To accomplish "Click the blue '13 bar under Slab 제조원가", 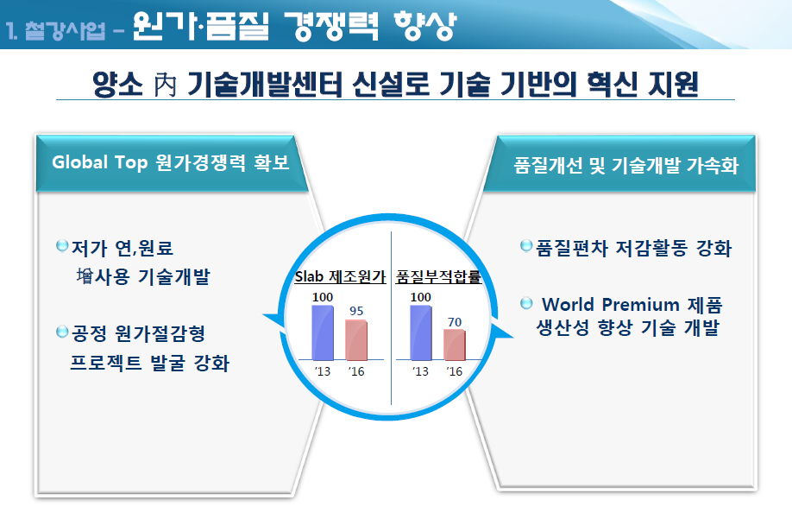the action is (x=323, y=332).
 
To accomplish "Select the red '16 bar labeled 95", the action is (x=356, y=339).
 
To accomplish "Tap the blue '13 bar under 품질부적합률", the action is (x=421, y=332).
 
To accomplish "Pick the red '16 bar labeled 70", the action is (x=455, y=345).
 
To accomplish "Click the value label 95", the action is (x=356, y=311).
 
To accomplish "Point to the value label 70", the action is (x=455, y=322).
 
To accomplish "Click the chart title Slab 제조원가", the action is (x=341, y=276).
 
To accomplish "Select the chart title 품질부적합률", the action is (x=438, y=276).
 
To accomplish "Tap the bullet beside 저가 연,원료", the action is (x=62, y=246).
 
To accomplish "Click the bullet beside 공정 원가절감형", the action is (x=62, y=332).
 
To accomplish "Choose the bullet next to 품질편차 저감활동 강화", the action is (x=526, y=245).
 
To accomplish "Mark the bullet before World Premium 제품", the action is (x=526, y=303).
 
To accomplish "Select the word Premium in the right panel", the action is (x=640, y=305).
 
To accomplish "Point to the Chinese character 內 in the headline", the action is (x=165, y=85).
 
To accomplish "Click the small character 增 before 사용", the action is (x=85, y=276).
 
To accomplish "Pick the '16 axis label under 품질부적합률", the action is (x=455, y=371).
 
